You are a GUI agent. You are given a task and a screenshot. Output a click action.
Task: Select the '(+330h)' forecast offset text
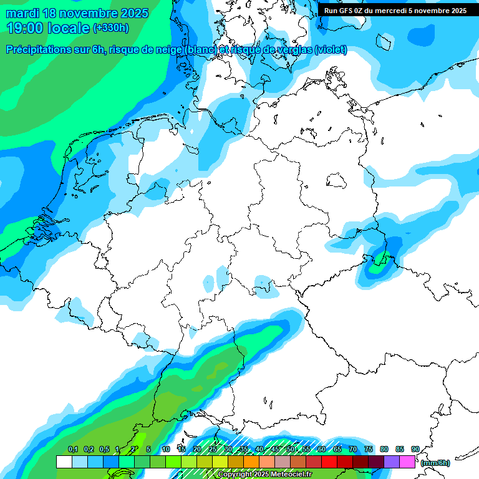110,28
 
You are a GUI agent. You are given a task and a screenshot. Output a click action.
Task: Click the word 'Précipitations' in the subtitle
44,50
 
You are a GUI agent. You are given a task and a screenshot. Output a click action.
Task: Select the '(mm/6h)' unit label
435,463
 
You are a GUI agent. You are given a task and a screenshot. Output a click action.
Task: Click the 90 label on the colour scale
415,449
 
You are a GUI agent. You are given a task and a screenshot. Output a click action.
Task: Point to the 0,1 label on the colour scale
72,449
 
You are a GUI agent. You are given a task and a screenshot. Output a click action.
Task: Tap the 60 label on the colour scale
321,449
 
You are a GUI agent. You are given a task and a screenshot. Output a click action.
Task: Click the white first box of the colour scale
64,462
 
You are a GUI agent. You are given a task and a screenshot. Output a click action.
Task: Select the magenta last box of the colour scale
407,462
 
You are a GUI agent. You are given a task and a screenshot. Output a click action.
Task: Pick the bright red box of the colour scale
329,462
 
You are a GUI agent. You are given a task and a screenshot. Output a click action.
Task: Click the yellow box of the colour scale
220,462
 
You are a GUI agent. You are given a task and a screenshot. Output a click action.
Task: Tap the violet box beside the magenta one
392,462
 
